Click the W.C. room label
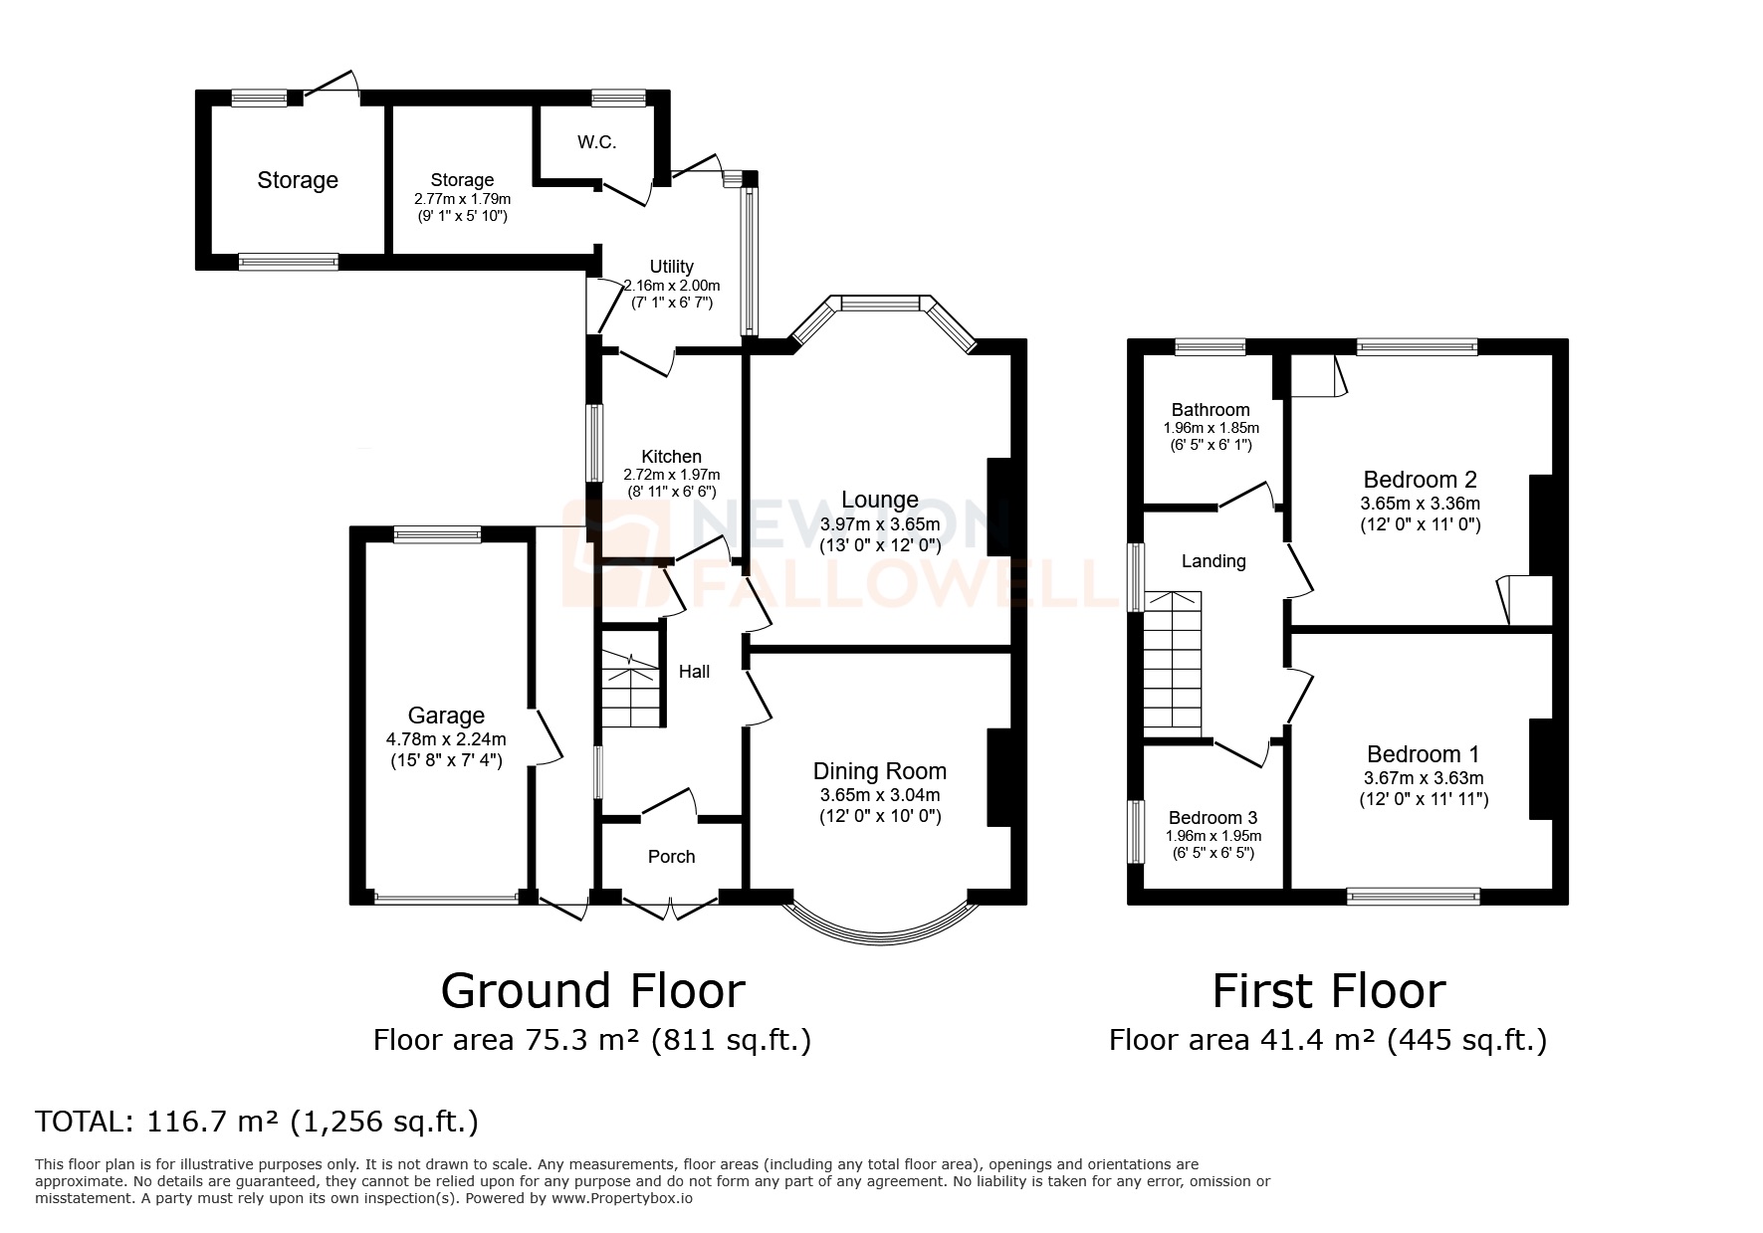(595, 142)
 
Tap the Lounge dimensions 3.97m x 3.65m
(879, 523)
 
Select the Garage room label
(446, 716)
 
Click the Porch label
(671, 857)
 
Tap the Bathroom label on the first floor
(1211, 410)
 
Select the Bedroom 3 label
(1212, 818)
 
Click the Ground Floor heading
(592, 991)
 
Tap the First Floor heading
(1328, 991)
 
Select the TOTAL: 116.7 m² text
(257, 1122)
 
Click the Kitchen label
(671, 457)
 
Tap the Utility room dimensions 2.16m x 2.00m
(671, 286)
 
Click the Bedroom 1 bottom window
(1412, 897)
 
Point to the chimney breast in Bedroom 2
(1541, 524)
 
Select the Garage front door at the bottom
(446, 898)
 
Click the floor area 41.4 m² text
(1328, 1040)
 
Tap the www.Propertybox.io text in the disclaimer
(622, 1198)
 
